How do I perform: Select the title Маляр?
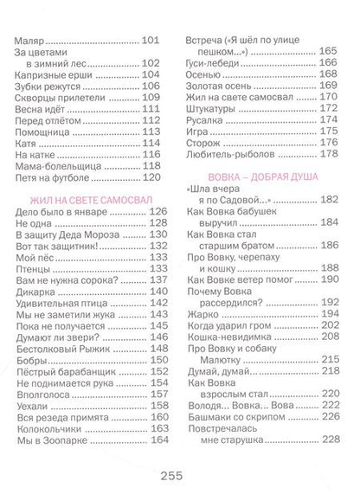click(x=32, y=40)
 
